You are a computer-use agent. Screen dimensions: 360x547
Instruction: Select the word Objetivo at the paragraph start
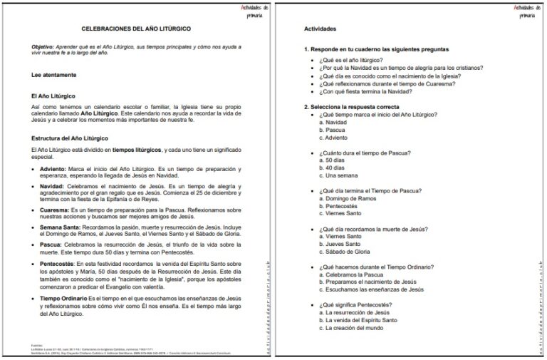point(44,44)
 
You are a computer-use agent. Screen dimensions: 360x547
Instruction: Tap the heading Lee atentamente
point(54,74)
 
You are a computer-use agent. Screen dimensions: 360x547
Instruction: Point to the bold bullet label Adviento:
point(53,168)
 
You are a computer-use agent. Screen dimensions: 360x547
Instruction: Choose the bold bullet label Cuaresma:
point(54,210)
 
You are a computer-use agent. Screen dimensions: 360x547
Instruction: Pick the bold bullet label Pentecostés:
point(58,264)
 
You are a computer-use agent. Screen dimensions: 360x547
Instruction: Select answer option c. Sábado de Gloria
point(344,252)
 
